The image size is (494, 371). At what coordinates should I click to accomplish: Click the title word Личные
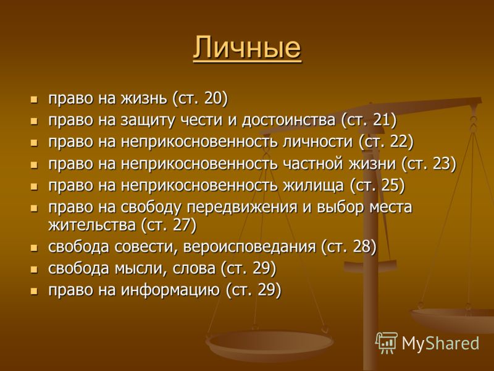[247, 48]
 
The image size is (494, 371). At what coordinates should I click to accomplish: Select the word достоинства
[288, 121]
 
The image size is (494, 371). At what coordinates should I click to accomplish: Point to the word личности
[317, 142]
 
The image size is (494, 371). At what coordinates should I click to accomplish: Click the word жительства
[92, 226]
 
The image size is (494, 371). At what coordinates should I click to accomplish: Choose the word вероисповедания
[249, 247]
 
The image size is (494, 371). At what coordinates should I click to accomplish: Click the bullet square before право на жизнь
[34, 100]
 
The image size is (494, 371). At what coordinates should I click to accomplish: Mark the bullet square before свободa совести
[34, 248]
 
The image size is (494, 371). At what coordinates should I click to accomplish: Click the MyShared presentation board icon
[387, 343]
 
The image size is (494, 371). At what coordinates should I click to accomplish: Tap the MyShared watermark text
[440, 343]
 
